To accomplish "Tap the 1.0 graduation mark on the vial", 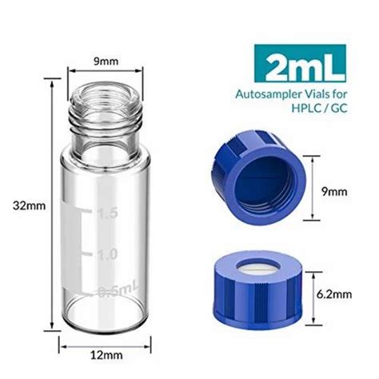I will tap(107, 254).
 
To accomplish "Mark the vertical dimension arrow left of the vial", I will tap(52, 205).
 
